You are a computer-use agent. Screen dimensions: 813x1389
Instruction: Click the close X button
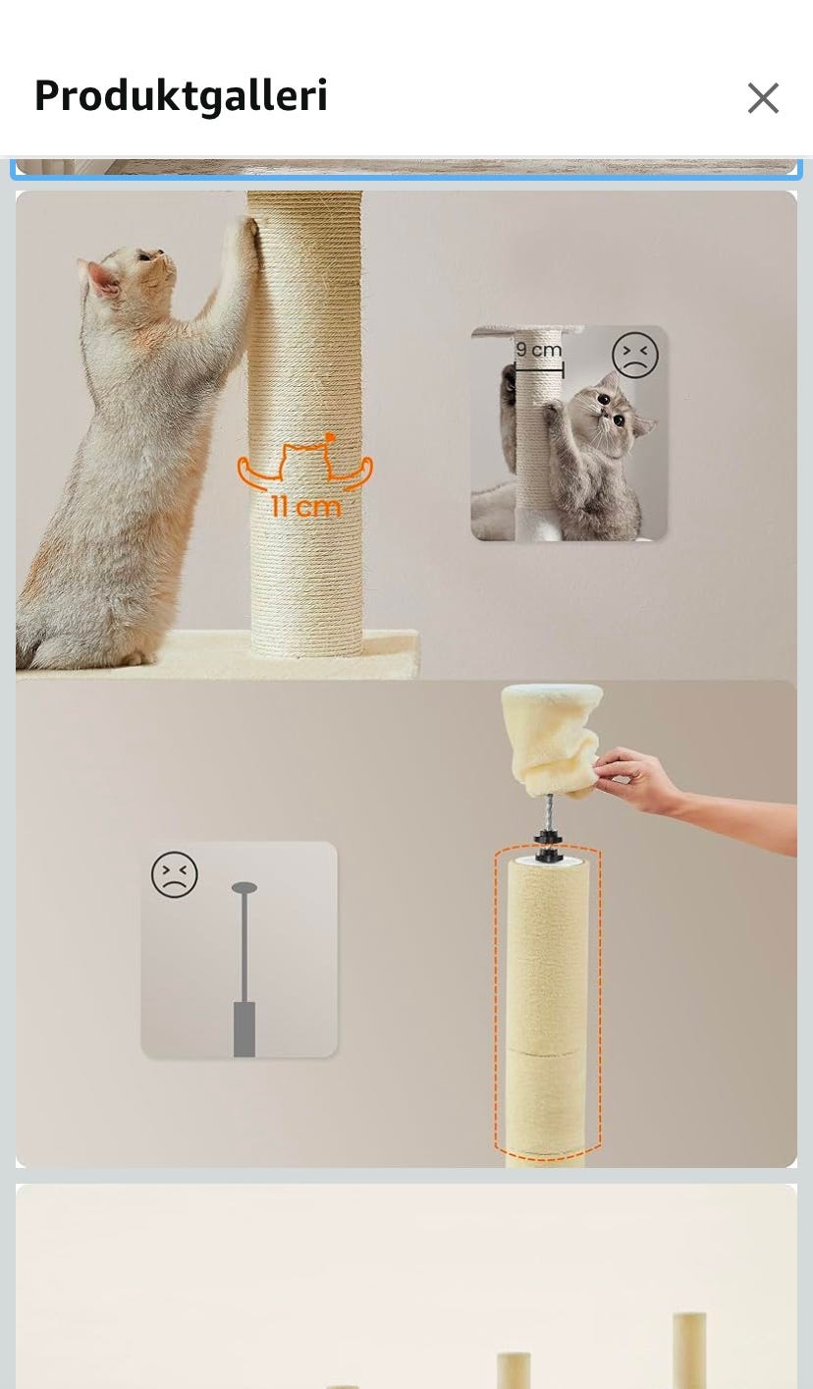click(x=763, y=98)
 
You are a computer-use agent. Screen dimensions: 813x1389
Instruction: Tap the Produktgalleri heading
click(x=181, y=96)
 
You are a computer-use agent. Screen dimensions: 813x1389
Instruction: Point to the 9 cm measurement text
click(x=538, y=350)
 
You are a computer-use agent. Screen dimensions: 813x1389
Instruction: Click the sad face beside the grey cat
click(x=634, y=355)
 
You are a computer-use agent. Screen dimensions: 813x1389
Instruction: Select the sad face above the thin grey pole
click(x=175, y=873)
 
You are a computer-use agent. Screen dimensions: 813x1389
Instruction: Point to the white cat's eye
click(x=143, y=256)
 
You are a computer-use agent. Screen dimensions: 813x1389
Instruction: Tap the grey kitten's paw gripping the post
click(x=552, y=409)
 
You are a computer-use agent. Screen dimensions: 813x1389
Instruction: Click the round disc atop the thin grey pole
click(x=244, y=887)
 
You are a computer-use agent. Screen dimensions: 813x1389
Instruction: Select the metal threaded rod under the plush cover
click(x=548, y=813)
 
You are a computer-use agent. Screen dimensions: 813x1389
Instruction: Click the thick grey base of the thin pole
click(x=244, y=1028)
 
